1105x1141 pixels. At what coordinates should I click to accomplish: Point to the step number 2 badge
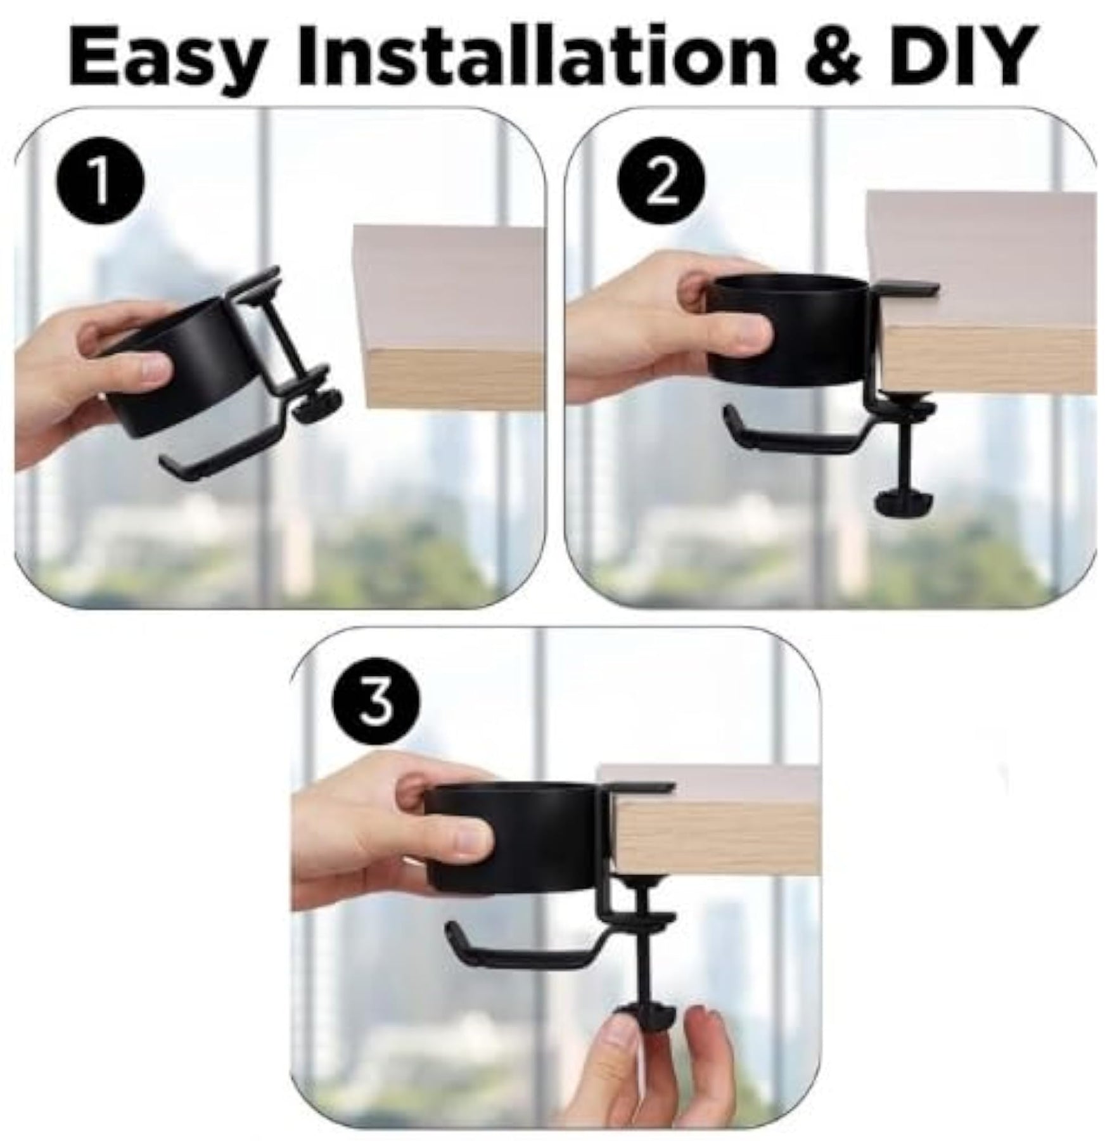[x=661, y=188]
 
